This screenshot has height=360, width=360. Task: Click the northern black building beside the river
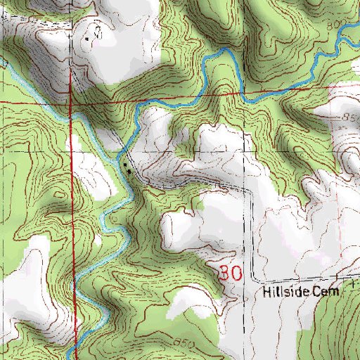[x=124, y=165]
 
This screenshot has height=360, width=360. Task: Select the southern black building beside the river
[x=129, y=171]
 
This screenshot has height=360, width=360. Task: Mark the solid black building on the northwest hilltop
[x=86, y=39]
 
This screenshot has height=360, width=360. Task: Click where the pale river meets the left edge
[x=2, y=62]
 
